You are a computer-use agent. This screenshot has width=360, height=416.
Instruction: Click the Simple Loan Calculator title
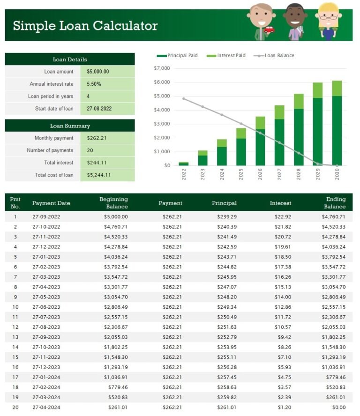85,26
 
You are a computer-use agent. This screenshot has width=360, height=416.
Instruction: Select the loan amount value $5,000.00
97,72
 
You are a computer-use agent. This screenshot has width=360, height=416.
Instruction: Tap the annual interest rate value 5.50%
94,84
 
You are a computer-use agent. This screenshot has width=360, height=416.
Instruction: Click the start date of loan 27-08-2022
99,108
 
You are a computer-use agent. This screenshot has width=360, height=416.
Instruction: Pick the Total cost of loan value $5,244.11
98,175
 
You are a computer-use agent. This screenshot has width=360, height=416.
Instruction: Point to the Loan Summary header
70,126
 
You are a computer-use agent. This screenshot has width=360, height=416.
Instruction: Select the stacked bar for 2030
337,123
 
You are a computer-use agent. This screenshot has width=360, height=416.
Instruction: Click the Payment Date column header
51,203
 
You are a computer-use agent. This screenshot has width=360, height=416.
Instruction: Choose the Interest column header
280,203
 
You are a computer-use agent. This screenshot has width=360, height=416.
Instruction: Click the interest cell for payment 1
284,217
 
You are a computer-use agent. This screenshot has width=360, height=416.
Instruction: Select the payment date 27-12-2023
46,367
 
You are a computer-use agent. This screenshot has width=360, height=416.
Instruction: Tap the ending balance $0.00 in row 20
337,408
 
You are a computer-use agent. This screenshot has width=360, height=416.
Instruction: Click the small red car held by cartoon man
269,30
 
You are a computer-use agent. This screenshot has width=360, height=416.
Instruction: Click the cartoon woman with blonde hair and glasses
327,21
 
